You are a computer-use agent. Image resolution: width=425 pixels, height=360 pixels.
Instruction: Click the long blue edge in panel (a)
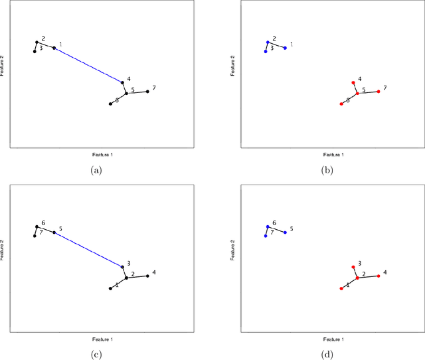click(88, 65)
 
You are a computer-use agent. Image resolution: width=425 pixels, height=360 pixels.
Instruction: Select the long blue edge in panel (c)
click(88, 250)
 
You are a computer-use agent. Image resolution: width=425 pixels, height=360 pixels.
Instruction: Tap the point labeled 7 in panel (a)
click(147, 92)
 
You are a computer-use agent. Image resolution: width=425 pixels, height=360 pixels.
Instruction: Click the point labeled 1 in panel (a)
click(54, 48)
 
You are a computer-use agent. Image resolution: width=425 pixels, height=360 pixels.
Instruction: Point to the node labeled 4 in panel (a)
click(122, 82)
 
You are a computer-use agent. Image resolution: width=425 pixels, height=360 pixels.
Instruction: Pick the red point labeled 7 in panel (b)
click(379, 92)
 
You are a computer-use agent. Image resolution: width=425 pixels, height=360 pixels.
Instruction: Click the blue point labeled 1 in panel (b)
click(286, 48)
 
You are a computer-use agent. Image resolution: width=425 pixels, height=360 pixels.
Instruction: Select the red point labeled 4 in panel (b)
click(353, 83)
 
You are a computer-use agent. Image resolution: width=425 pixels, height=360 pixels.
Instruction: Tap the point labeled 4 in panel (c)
click(147, 276)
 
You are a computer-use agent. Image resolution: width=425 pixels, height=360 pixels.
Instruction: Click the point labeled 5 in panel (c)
click(54, 232)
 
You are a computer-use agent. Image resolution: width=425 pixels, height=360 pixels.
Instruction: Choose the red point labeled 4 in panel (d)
click(379, 276)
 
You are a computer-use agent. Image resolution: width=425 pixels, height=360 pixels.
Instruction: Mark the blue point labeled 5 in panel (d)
click(286, 232)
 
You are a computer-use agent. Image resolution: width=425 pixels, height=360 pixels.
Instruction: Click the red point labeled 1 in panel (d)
click(341, 288)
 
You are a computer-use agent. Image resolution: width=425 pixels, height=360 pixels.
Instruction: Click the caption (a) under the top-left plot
click(96, 170)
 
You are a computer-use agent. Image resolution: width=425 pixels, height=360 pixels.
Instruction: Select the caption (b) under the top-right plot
click(327, 170)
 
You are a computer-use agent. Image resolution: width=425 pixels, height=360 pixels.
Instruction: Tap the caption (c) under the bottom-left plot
click(96, 354)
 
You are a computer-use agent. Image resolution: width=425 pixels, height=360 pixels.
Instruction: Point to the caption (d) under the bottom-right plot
click(327, 354)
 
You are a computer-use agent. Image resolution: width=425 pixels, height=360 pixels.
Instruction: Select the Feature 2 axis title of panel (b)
click(233, 68)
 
